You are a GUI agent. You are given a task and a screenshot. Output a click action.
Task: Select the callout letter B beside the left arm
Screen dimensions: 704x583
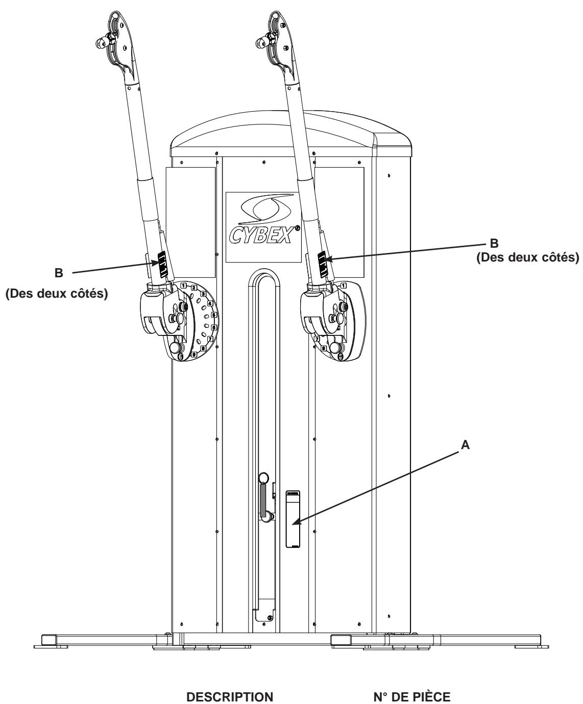[x=59, y=273]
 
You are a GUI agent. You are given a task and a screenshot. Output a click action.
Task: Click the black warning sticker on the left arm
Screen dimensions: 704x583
[x=161, y=264]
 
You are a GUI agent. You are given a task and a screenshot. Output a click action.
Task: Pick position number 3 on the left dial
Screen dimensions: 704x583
[x=203, y=294]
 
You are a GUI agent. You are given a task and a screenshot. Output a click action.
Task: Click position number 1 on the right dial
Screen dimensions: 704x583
[x=344, y=285]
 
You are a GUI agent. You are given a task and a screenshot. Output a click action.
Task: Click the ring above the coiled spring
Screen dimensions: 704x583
[x=264, y=478]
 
